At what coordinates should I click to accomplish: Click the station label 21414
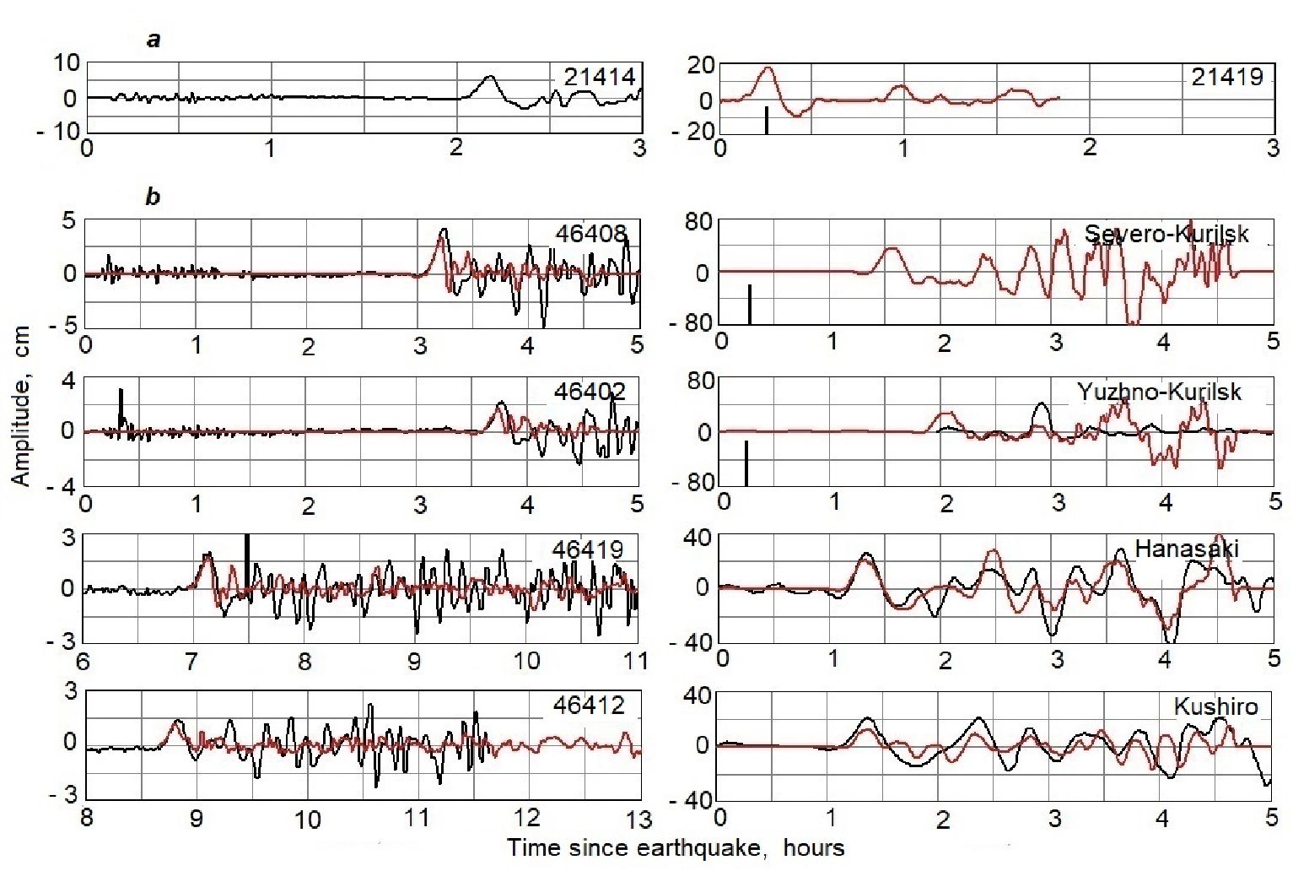pos(599,77)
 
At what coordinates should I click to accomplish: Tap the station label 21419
pos(1227,78)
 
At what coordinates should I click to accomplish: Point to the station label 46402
pos(590,392)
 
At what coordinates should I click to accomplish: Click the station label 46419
pos(588,549)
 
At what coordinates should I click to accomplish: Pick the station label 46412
pos(589,705)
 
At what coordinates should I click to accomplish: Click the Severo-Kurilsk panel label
pos(1166,234)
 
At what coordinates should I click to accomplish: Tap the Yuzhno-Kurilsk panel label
pos(1159,392)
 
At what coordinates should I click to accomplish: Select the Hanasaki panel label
pos(1187,549)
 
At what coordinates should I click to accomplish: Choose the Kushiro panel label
pos(1215,706)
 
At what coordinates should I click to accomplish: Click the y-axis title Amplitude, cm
pos(21,406)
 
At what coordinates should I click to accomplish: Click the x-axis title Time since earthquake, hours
pos(676,847)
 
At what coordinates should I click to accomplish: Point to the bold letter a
pos(154,40)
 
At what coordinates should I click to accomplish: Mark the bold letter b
pos(153,197)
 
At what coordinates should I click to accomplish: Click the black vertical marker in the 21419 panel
pos(766,120)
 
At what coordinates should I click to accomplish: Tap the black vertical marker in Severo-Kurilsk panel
pos(749,304)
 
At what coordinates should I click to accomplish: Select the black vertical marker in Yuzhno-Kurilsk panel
pos(746,463)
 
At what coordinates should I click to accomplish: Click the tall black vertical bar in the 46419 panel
pos(246,565)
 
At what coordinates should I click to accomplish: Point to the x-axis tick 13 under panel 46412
pos(639,819)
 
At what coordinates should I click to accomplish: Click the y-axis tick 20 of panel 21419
pos(701,65)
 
